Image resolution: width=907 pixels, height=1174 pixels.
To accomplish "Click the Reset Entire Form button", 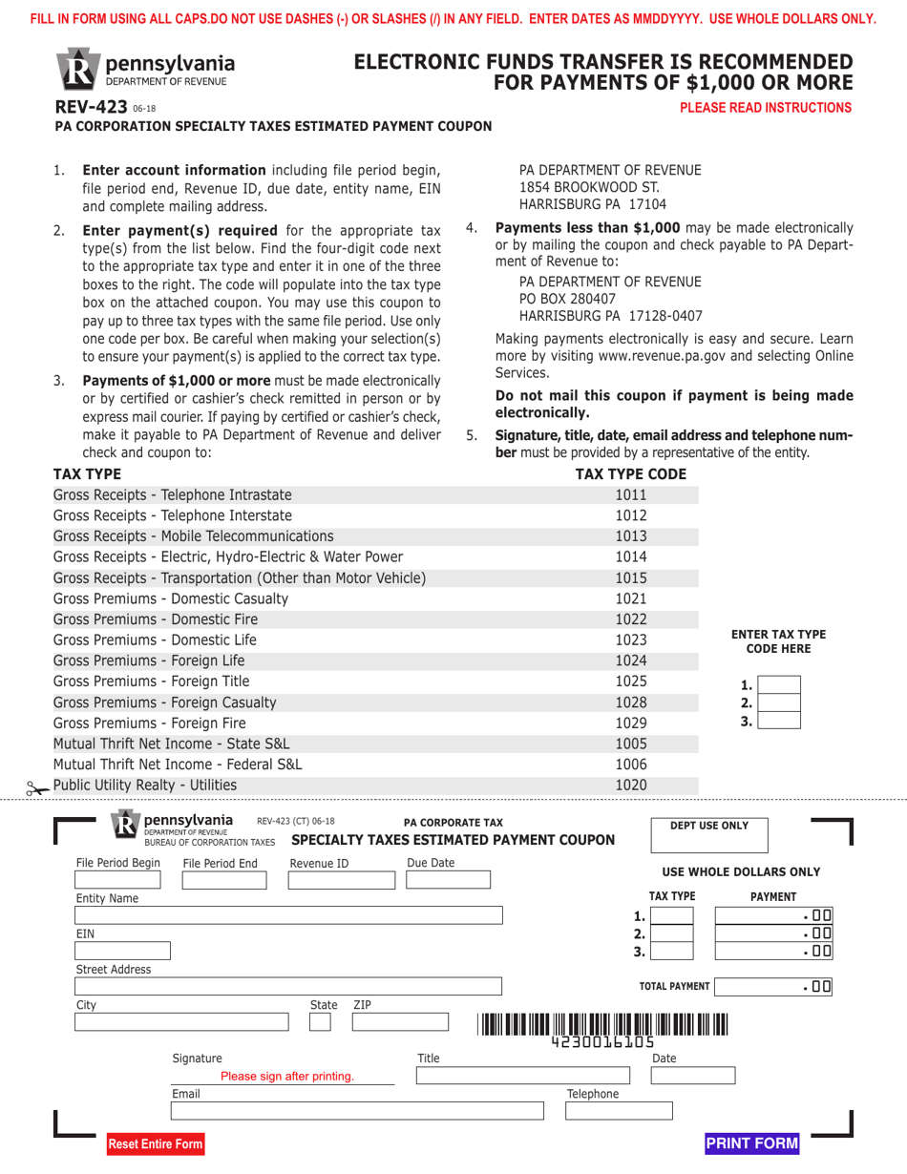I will (x=156, y=1143).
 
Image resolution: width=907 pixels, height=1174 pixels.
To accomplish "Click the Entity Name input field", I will (x=289, y=915).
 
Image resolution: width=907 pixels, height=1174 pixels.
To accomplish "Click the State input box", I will (x=321, y=1021).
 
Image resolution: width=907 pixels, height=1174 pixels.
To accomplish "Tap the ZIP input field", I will (x=401, y=1021).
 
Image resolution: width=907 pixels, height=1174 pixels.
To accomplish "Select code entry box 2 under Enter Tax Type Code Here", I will (x=780, y=702).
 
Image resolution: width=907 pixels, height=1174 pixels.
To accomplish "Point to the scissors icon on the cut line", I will (x=37, y=788).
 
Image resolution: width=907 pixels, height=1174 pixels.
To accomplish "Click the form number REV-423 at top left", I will (x=85, y=108).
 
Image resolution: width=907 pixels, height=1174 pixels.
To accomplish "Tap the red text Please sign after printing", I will (x=287, y=1076).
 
